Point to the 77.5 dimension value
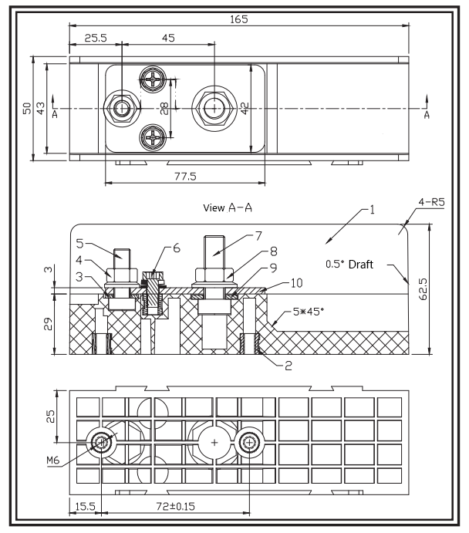185,176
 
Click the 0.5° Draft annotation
349,265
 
